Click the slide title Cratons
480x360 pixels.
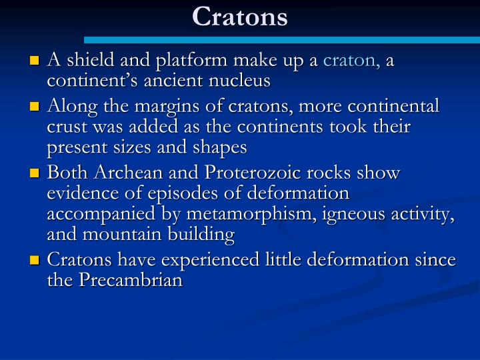point(240,17)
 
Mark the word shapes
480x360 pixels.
point(218,147)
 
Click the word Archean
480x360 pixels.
point(126,173)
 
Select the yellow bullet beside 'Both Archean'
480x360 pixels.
point(35,174)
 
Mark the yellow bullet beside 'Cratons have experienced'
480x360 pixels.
point(35,261)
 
